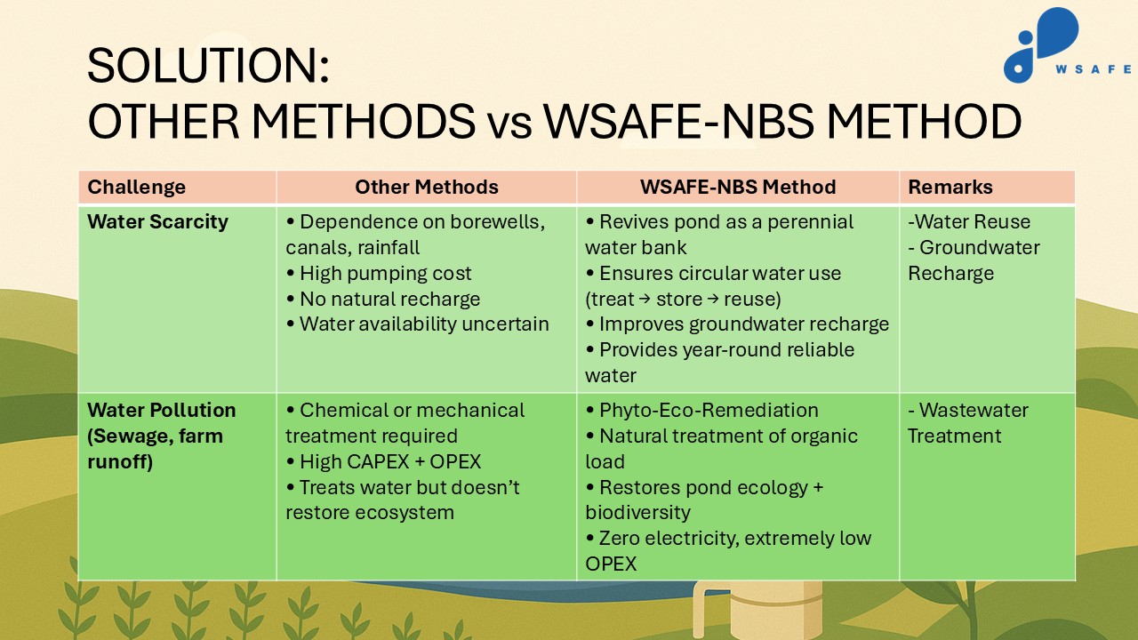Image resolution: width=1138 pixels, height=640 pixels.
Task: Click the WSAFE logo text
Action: pyautogui.click(x=1094, y=69)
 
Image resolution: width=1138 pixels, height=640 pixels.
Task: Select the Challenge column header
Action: pyautogui.click(x=136, y=188)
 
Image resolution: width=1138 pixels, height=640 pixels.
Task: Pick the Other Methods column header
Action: pyautogui.click(x=427, y=187)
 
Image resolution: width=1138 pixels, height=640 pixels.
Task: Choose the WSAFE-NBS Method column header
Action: pyautogui.click(x=738, y=187)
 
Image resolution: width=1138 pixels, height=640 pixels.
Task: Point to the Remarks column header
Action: pyautogui.click(x=950, y=187)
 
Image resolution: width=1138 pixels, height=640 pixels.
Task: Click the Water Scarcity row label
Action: pyautogui.click(x=157, y=222)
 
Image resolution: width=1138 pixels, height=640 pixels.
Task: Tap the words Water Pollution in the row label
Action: pyautogui.click(x=162, y=410)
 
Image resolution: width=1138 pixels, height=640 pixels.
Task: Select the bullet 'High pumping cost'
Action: pyautogui.click(x=379, y=273)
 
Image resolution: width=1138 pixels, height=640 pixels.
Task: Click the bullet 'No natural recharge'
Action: pyautogui.click(x=383, y=299)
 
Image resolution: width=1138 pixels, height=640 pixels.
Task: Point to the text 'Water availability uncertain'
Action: pyautogui.click(x=424, y=324)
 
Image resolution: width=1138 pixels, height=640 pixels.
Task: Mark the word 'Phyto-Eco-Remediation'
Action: pyautogui.click(x=709, y=411)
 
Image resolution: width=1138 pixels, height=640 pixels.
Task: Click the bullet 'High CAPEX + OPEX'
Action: pyautogui.click(x=383, y=461)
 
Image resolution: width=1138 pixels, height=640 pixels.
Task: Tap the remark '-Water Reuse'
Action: pyautogui.click(x=969, y=221)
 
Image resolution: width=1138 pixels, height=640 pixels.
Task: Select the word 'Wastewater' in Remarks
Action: pyautogui.click(x=974, y=410)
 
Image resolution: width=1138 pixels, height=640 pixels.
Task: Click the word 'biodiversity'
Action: pyautogui.click(x=637, y=513)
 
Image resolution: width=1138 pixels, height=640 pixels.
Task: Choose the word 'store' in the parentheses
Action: pyautogui.click(x=680, y=300)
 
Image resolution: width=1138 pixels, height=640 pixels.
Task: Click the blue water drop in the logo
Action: pyautogui.click(x=1058, y=32)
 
